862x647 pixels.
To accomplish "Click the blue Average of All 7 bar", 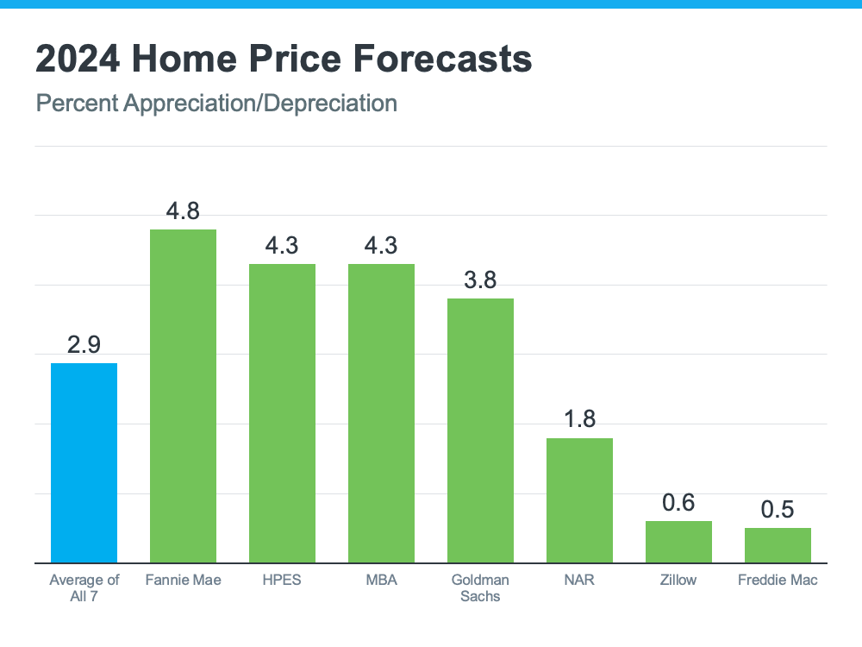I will pos(84,463).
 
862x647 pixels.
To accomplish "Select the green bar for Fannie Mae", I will pos(183,396).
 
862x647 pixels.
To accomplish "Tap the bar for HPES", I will pos(282,413).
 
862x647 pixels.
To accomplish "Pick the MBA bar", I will pos(381,413).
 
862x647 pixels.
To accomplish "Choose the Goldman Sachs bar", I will pos(480,430).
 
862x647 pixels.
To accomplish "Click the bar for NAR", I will pos(579,500).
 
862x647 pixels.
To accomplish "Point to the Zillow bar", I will pos(678,542).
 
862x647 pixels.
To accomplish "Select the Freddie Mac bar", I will pos(778,545).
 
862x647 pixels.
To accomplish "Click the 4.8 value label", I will pos(183,210).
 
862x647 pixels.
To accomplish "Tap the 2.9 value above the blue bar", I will pos(84,345).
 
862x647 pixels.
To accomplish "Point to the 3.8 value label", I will pos(480,280).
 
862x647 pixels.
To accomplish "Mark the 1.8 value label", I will pos(579,420).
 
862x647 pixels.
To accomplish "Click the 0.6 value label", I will pos(678,503).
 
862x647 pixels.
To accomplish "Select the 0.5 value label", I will pos(778,510).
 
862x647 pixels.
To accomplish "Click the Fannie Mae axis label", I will pos(183,580).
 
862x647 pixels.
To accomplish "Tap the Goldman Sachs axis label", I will pos(480,587).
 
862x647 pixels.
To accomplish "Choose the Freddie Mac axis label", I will pos(778,580).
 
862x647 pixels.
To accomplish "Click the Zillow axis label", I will pos(678,580).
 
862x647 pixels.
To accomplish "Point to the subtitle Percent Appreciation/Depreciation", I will pos(216,104).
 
